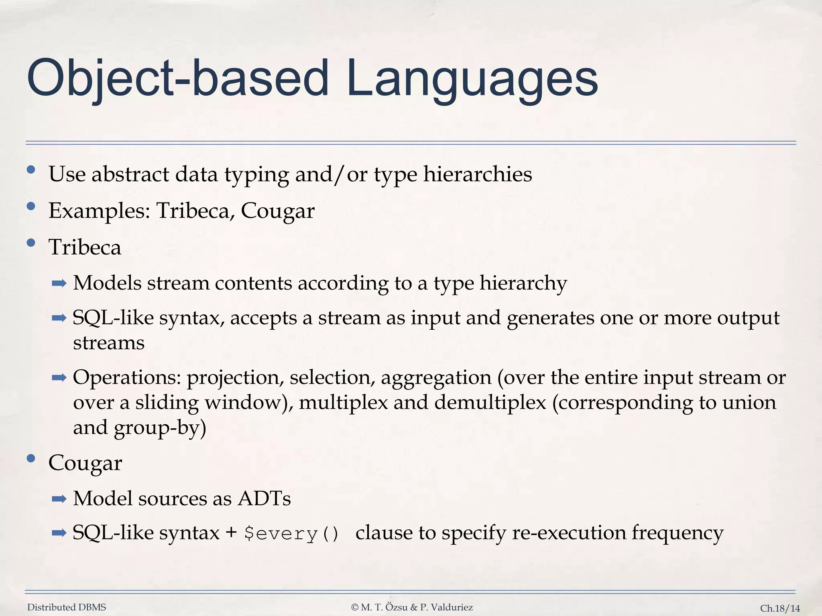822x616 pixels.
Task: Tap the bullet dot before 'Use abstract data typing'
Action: [31, 170]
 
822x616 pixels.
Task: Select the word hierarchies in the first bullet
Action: [477, 174]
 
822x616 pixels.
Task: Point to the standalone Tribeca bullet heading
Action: [85, 247]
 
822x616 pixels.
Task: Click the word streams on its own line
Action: [108, 343]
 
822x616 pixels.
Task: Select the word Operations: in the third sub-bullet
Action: [127, 378]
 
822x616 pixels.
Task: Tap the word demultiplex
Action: [490, 402]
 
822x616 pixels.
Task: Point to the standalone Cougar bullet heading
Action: [85, 463]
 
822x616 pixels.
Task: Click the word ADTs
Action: [264, 499]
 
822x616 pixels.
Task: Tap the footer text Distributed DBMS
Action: [67, 608]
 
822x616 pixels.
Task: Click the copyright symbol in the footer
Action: [354, 608]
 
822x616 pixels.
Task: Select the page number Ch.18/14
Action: [780, 608]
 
